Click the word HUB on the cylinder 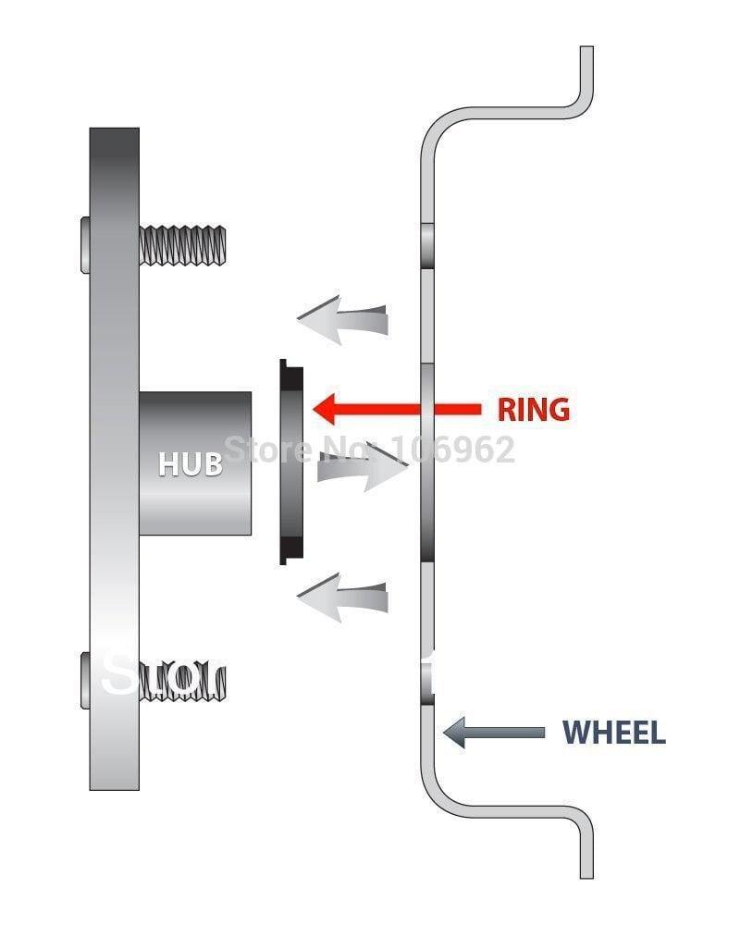pyautogui.click(x=191, y=463)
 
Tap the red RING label pyautogui.click(x=534, y=409)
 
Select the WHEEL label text pyautogui.click(x=614, y=733)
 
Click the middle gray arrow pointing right pyautogui.click(x=361, y=468)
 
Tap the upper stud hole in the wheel pyautogui.click(x=427, y=243)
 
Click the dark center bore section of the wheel pyautogui.click(x=427, y=462)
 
